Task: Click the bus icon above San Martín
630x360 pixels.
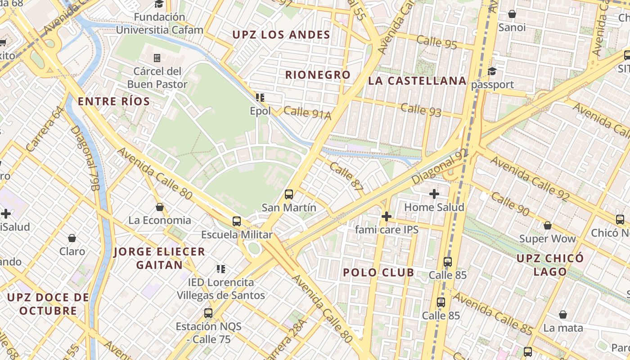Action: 289,194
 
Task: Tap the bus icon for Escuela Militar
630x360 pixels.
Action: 237,221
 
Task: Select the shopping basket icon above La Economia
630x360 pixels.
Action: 160,207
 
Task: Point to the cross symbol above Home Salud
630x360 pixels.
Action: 434,194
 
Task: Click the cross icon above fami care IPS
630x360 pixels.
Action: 386,216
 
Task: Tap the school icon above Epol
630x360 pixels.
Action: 260,97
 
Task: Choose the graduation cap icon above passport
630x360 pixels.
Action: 492,72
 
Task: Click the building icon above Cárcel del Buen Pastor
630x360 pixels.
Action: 157,58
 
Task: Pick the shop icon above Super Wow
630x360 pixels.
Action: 548,225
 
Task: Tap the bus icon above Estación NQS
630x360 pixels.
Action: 208,313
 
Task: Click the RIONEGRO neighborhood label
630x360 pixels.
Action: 318,75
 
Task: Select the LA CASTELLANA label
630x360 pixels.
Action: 417,81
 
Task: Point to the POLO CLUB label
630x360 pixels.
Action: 378,272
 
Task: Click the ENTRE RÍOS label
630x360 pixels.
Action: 114,102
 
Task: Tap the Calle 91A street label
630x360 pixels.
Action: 307,113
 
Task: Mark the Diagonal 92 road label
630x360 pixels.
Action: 440,166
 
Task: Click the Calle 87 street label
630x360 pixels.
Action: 346,178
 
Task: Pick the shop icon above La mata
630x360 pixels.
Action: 563,315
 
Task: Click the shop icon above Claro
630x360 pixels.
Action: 72,238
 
